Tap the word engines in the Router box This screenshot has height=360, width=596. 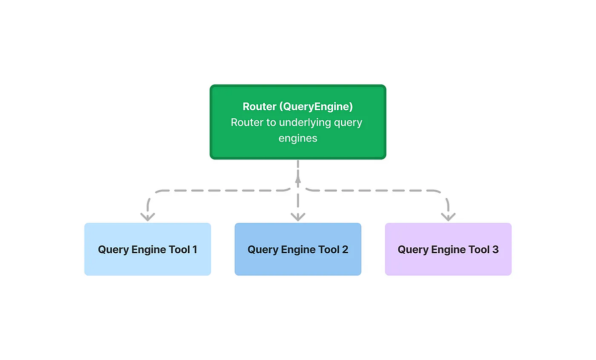[x=298, y=138]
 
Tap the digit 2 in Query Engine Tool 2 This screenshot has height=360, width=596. [x=345, y=249]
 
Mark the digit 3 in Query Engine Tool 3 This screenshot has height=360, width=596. [x=495, y=249]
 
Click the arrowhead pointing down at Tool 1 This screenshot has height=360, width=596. [x=148, y=216]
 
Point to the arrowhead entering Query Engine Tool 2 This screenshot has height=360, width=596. [x=298, y=216]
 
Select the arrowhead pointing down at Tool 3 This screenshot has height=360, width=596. [x=448, y=216]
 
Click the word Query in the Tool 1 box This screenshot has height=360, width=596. [x=113, y=249]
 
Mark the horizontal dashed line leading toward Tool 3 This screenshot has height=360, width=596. [x=372, y=190]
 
